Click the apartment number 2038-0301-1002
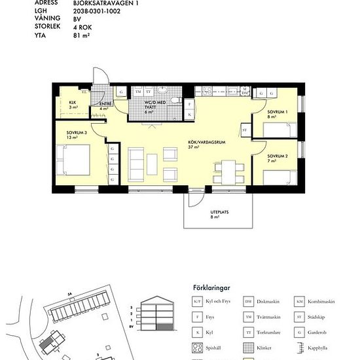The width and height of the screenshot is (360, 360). tap(98, 11)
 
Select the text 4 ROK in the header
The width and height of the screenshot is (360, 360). tap(82, 28)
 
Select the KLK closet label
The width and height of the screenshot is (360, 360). tap(72, 103)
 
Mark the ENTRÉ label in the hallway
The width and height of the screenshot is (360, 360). tap(105, 105)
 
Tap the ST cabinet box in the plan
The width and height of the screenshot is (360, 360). tap(245, 131)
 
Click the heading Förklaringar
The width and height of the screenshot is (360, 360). tap(213, 287)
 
